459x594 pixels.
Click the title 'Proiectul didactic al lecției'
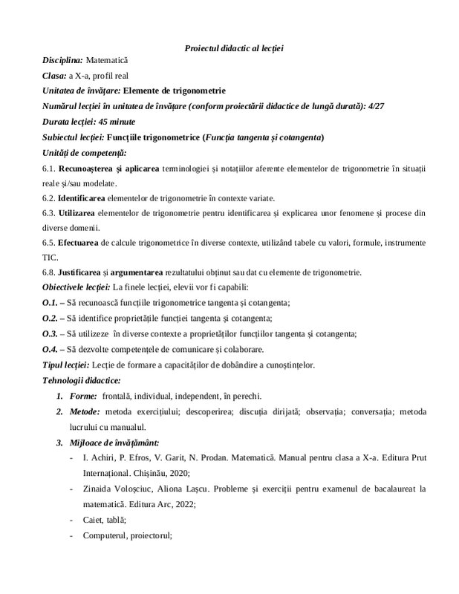tap(234, 48)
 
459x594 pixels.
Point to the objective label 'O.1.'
tap(50, 303)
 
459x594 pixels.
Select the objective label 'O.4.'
tap(50, 349)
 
